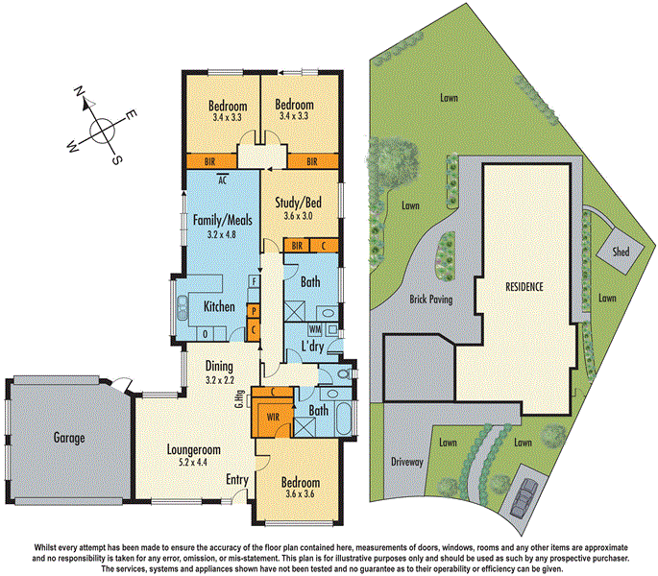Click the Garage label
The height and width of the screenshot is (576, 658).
click(x=69, y=438)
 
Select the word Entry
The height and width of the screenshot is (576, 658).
click(x=238, y=479)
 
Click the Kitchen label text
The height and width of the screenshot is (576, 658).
click(x=221, y=307)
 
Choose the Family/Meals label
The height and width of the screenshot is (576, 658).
click(x=221, y=220)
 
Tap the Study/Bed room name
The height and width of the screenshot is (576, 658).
click(x=300, y=204)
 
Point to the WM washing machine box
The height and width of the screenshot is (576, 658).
click(x=314, y=328)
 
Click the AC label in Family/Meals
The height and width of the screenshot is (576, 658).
click(x=222, y=179)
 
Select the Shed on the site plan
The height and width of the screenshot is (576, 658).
click(x=612, y=252)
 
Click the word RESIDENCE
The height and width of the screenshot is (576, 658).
click(x=524, y=287)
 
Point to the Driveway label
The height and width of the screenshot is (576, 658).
click(x=407, y=462)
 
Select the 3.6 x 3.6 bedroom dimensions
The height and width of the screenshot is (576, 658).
click(x=300, y=494)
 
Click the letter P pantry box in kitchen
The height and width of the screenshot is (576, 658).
click(x=252, y=311)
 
